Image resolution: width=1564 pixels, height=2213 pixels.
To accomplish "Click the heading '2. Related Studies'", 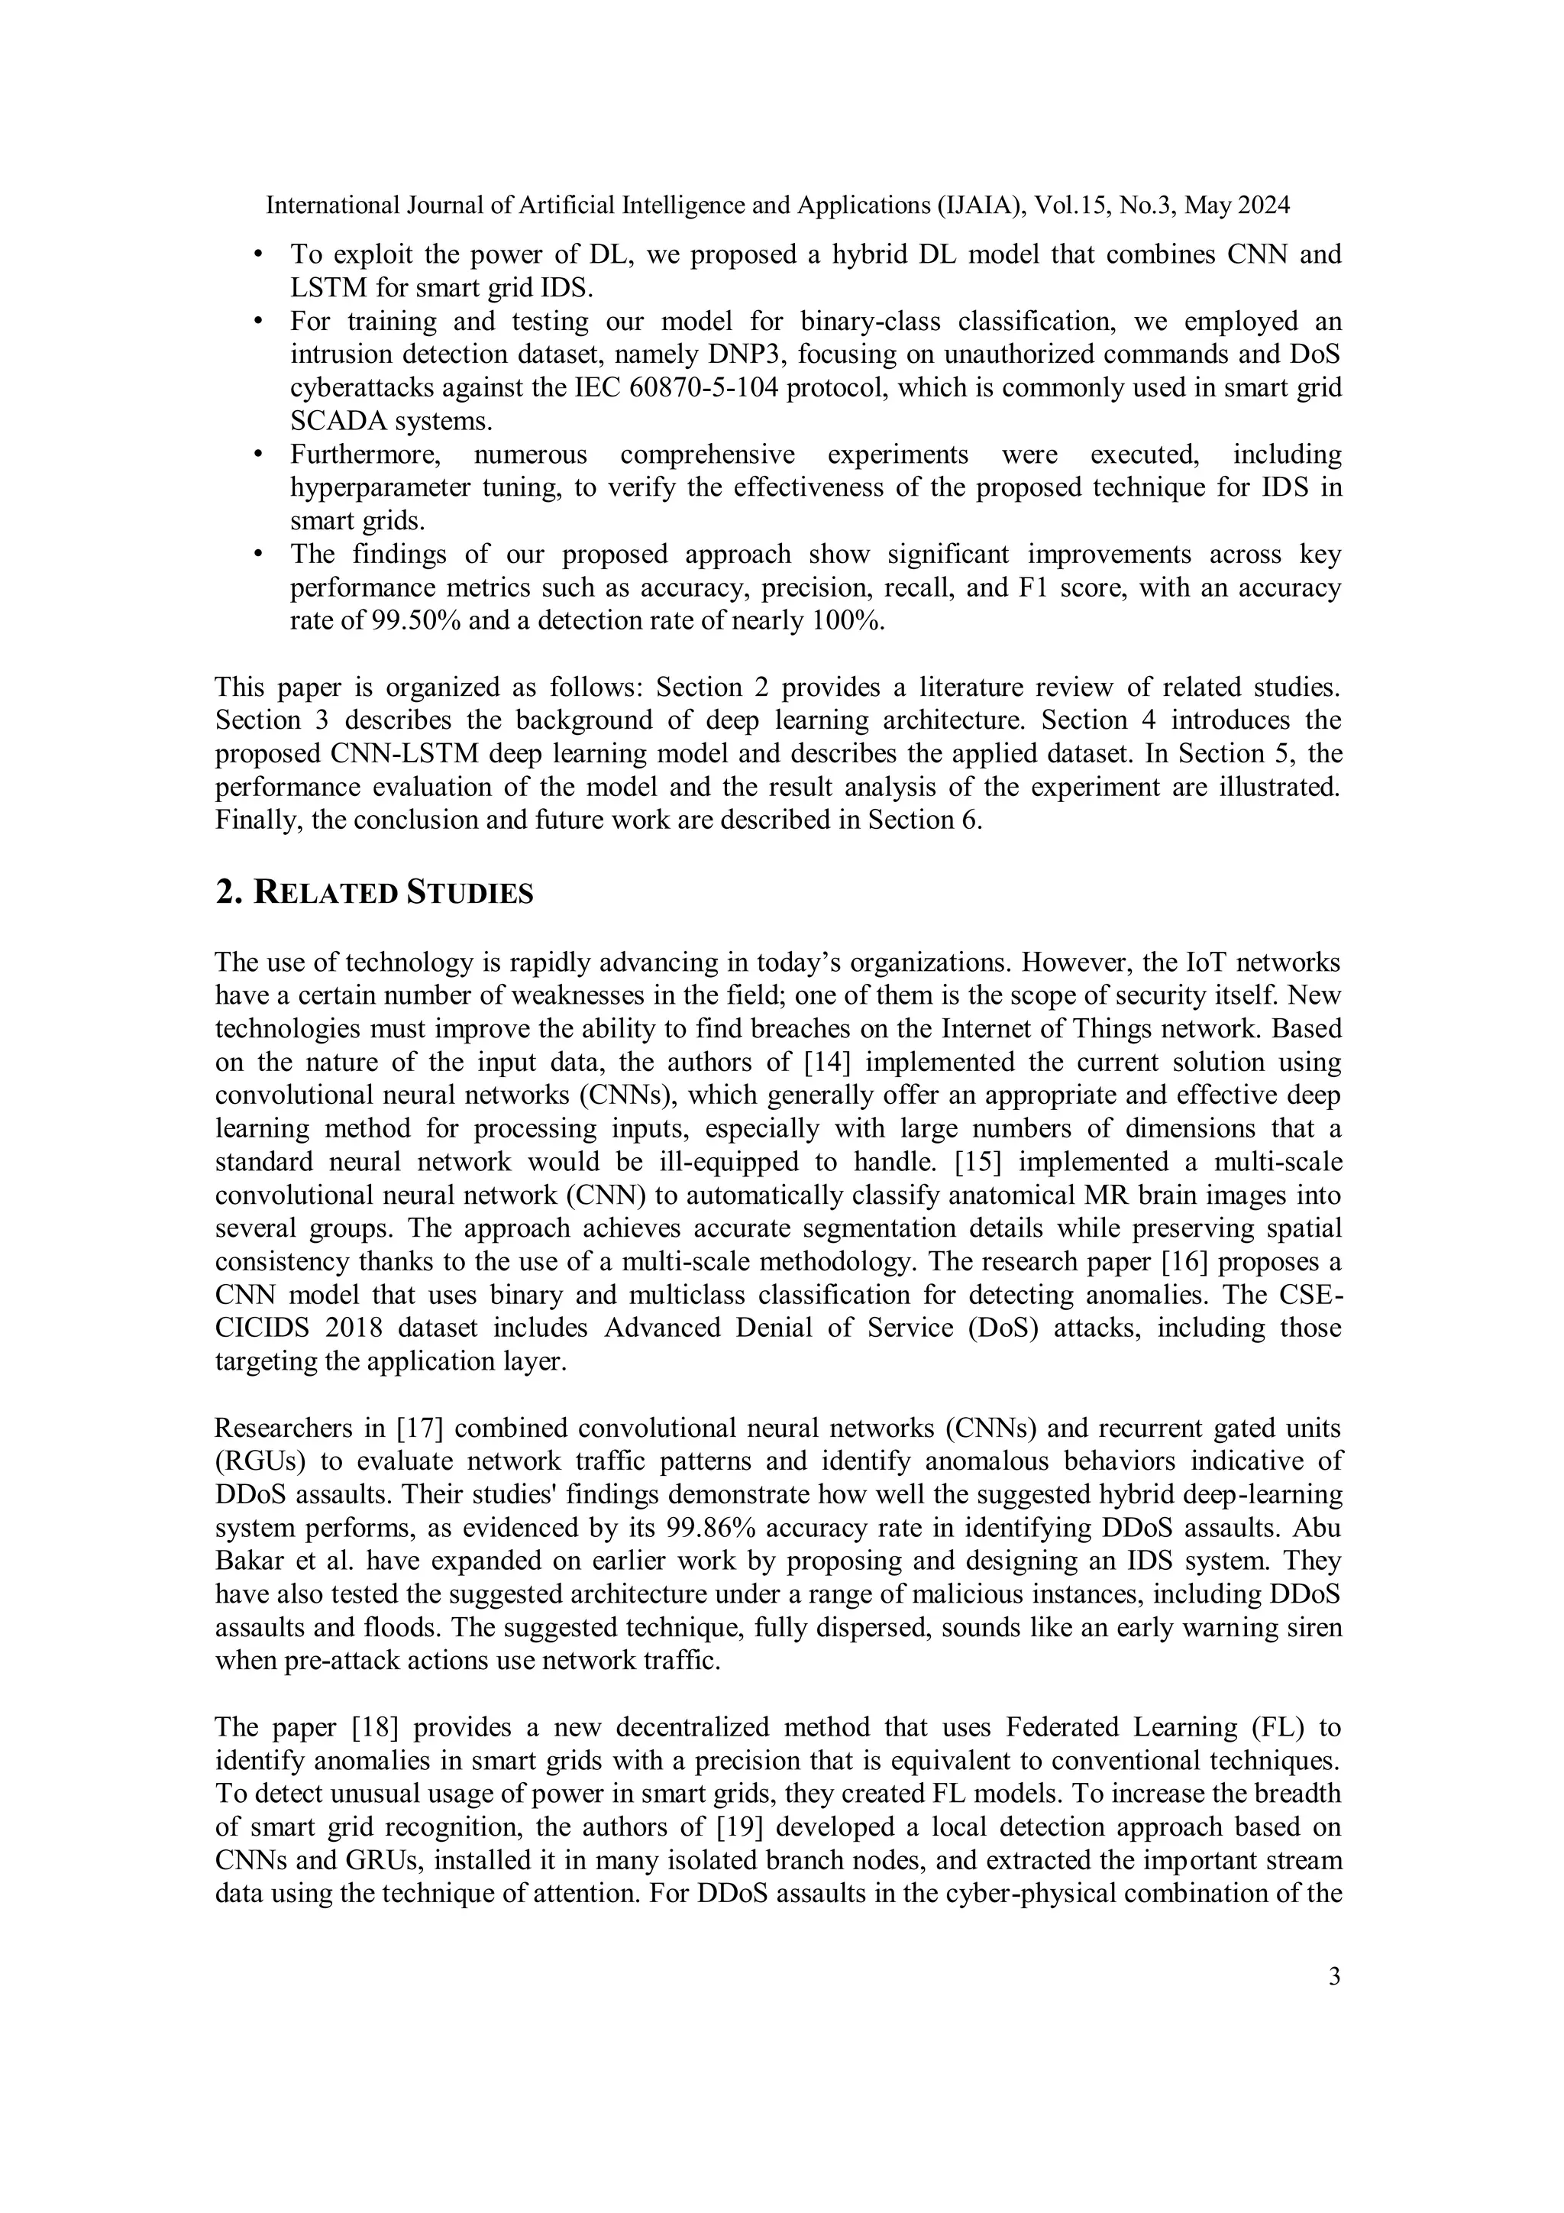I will point(374,894).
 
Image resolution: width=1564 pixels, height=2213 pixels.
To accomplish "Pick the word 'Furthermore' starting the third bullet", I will point(367,454).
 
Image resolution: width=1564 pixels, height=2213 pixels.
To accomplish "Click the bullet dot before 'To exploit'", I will point(257,255).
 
